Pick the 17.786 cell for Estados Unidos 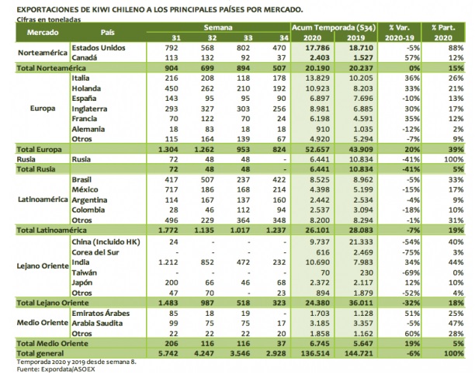click(315, 47)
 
